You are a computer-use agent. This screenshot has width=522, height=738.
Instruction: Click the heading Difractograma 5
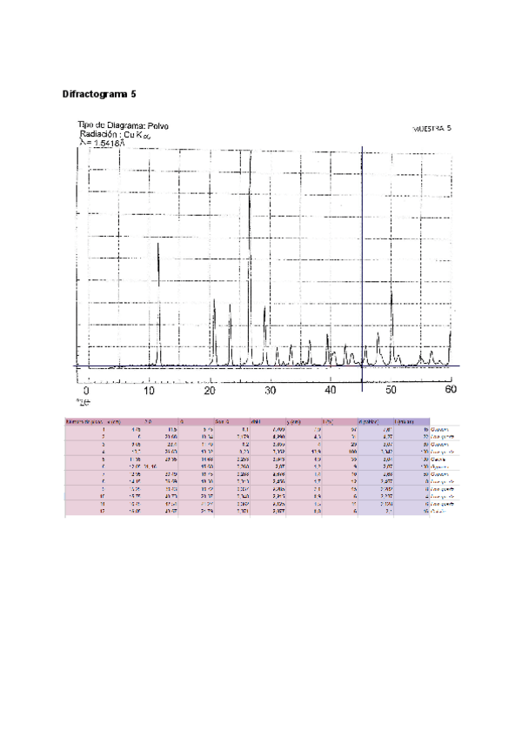click(x=98, y=92)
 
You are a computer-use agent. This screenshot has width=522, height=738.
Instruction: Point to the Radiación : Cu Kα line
click(x=115, y=136)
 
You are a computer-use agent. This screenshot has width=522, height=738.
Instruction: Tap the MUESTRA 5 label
click(x=432, y=128)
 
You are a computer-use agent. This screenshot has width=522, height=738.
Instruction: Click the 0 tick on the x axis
click(x=86, y=391)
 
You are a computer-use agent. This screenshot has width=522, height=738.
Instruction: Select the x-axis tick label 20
click(x=209, y=391)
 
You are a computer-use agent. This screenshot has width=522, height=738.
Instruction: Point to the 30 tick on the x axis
click(x=271, y=391)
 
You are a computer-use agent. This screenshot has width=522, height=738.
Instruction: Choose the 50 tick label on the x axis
click(x=391, y=391)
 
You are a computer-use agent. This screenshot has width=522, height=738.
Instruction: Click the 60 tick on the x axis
click(x=450, y=391)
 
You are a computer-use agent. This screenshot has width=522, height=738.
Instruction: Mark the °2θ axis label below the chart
click(x=83, y=402)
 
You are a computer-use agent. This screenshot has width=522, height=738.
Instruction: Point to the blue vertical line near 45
click(x=361, y=261)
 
